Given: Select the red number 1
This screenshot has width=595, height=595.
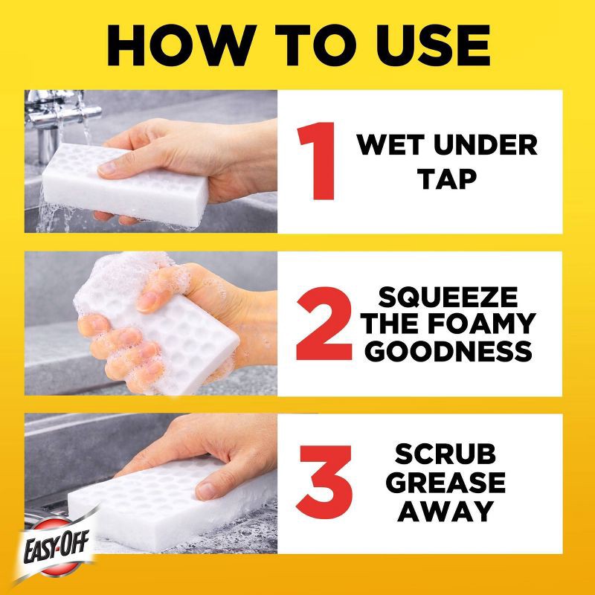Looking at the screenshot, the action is coord(318,161).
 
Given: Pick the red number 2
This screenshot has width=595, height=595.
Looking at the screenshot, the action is coord(324,324).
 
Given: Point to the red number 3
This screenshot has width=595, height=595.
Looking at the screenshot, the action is coord(325,480).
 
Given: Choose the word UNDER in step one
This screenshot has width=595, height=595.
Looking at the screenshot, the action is coord(486,145).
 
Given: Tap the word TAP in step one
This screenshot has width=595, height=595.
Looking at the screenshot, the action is coord(447,179).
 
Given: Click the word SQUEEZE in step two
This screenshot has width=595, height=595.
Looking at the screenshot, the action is coord(448,297).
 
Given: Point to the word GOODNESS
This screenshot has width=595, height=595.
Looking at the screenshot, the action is coord(448,350).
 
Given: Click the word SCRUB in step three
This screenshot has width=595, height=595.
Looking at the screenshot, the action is coord(445,454).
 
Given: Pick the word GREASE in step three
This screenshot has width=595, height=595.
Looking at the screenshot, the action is coord(446,482).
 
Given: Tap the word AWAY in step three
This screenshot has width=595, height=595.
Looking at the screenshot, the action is coord(446,511).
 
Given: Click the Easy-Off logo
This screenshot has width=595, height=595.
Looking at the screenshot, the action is coord(57,547).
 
